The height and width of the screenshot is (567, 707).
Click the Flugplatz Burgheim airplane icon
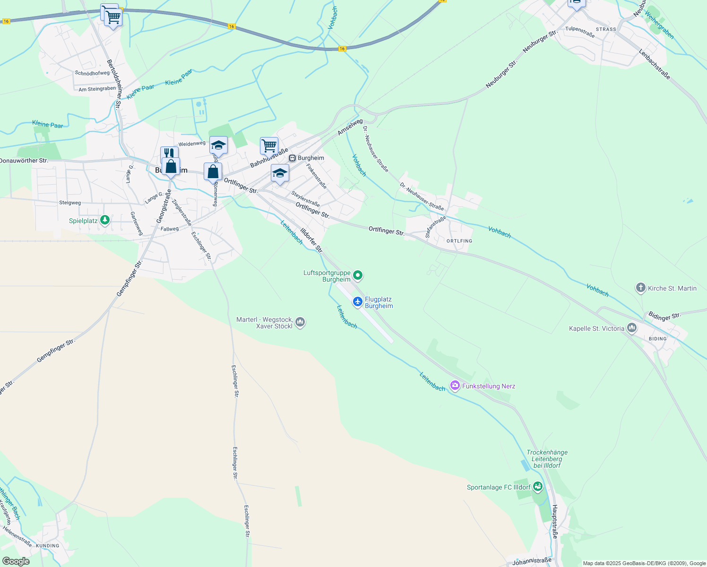(x=358, y=301)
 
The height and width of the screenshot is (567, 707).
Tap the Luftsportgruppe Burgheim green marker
(x=358, y=275)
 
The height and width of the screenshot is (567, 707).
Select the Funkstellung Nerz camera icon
(x=455, y=386)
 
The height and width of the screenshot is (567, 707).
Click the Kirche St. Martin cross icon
(x=640, y=288)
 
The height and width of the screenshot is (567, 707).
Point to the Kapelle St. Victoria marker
(x=631, y=328)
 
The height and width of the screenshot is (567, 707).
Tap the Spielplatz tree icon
(x=105, y=220)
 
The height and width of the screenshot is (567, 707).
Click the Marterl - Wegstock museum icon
(x=300, y=322)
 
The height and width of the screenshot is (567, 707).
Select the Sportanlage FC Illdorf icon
(x=537, y=486)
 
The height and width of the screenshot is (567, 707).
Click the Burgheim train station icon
(x=292, y=158)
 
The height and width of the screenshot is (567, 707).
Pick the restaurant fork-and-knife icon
(x=169, y=153)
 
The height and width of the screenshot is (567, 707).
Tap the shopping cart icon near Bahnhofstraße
(x=269, y=145)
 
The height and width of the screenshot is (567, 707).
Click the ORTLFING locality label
(x=459, y=241)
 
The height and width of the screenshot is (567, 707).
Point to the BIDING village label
(x=657, y=339)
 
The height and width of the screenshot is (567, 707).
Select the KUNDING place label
(x=48, y=546)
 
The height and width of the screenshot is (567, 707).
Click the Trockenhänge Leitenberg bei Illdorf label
(x=547, y=459)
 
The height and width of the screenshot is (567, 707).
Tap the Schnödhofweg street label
(x=92, y=73)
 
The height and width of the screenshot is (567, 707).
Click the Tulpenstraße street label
(x=580, y=31)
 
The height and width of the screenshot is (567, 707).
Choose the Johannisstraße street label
(x=532, y=561)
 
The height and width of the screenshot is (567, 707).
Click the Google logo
(x=16, y=561)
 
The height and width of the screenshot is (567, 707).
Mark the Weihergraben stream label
(x=659, y=25)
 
